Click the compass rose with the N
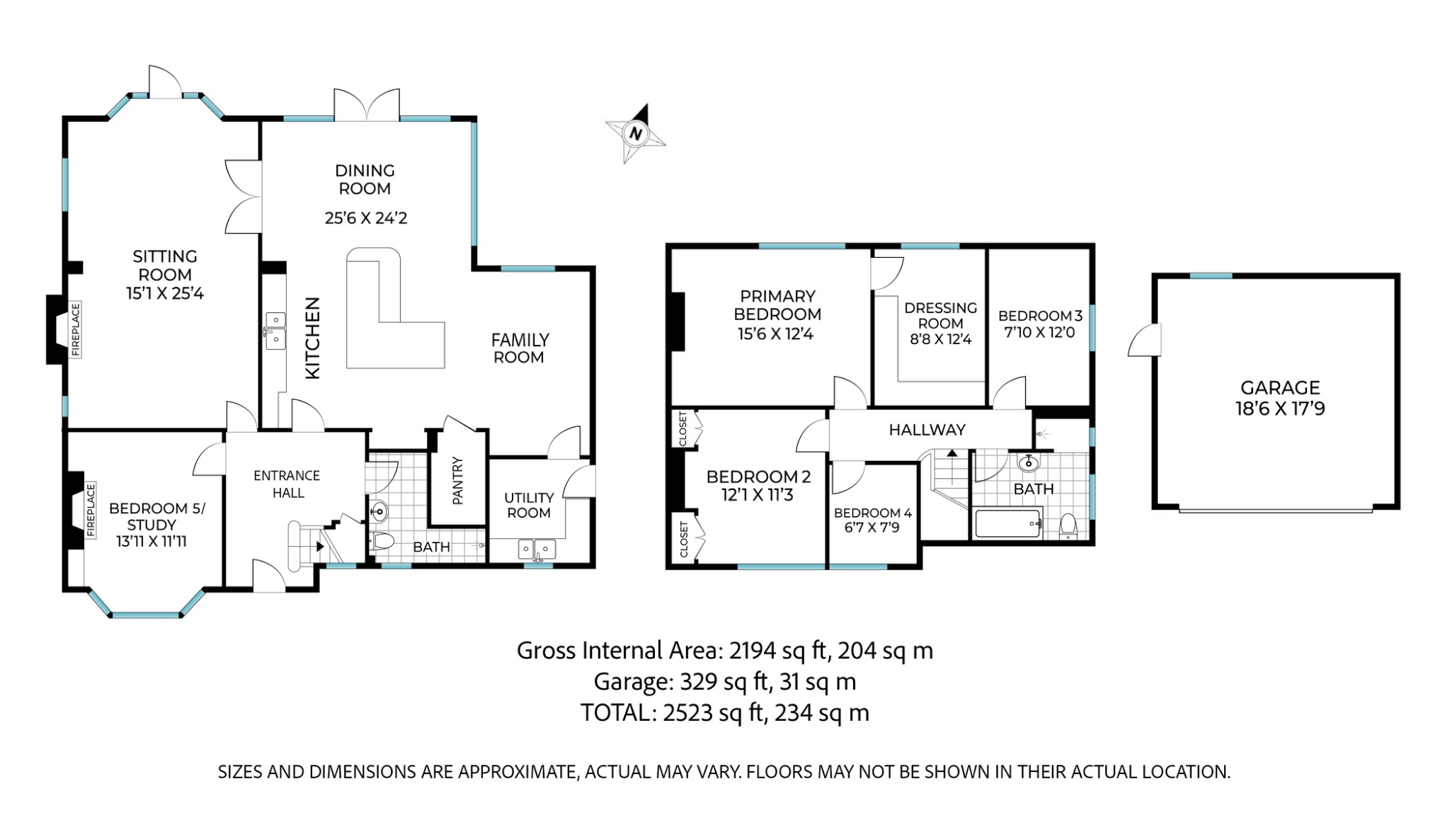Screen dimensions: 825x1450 635,134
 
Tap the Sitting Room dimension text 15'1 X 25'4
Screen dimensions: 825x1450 165,293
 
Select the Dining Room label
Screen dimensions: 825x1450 365,179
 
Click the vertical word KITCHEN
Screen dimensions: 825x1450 312,338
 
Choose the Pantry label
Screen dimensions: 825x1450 457,481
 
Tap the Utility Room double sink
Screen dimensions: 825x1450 536,549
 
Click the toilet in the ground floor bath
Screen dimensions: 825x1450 382,542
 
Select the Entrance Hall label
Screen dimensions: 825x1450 287,484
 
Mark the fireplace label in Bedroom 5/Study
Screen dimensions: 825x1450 91,511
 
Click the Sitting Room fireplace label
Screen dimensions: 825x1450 76,329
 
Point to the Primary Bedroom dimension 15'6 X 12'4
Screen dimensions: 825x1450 775,334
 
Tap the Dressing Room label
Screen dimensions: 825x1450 940,315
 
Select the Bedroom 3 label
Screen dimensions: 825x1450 1040,316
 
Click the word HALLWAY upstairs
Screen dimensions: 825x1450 927,430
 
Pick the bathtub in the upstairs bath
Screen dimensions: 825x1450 1007,524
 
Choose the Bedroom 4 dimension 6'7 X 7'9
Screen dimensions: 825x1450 872,528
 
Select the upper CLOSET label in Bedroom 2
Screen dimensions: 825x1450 683,428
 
